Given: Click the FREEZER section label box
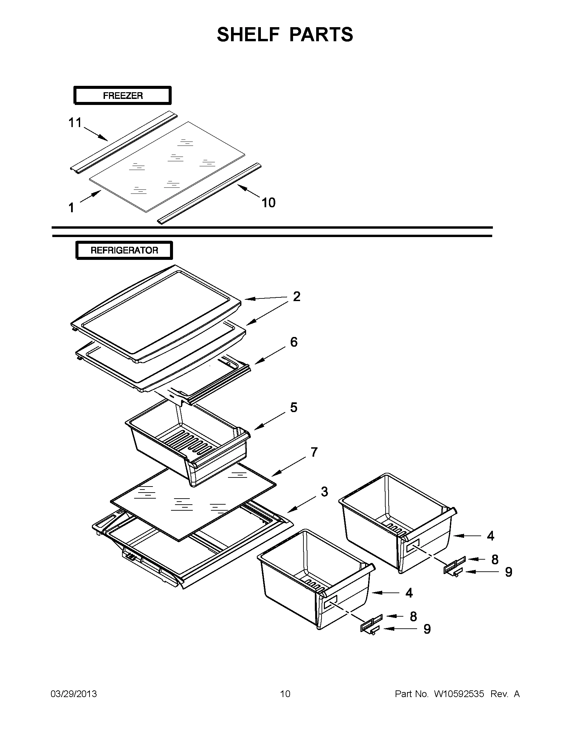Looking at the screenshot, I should click(122, 96).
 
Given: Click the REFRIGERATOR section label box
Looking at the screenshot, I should click(124, 250).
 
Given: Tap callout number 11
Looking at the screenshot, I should click(75, 122).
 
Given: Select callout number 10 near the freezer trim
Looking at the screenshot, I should click(268, 203).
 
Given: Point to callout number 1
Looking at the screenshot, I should click(71, 208).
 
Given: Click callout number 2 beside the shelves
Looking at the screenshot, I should click(296, 296).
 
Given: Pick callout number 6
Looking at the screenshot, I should click(294, 342).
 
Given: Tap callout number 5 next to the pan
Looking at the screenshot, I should click(294, 407).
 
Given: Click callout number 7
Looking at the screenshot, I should click(314, 452).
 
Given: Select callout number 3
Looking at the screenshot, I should click(324, 492).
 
